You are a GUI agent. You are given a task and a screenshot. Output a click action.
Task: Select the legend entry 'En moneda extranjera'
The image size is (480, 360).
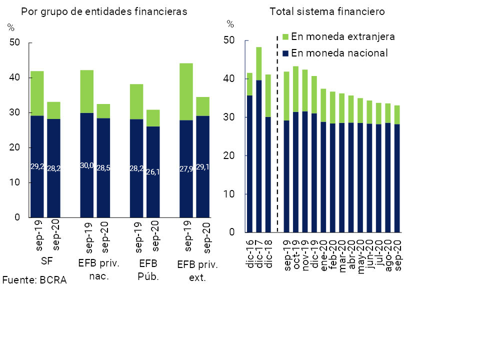pos(343,36)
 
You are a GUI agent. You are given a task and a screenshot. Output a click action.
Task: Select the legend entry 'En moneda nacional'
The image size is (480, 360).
pos(339,52)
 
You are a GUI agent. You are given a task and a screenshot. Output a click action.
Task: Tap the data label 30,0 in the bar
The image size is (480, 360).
pos(86,165)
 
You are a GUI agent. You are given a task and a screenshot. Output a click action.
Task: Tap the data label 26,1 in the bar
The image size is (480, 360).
pos(153,172)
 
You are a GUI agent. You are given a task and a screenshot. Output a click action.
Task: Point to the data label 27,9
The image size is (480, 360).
pos(186,169)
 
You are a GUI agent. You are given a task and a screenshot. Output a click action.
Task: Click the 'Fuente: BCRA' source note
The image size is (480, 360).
pos(34,280)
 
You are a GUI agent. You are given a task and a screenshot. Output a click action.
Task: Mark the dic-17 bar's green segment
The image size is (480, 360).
pos(259,63)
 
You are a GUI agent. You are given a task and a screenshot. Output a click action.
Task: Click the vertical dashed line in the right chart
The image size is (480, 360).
pos(277,135)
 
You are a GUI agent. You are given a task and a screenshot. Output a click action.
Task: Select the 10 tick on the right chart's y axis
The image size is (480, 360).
pos(229,194)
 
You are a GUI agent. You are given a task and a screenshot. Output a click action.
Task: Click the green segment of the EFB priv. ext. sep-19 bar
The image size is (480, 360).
pos(186,91)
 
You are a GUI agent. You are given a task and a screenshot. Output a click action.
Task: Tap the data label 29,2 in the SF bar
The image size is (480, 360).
pos(37,166)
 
